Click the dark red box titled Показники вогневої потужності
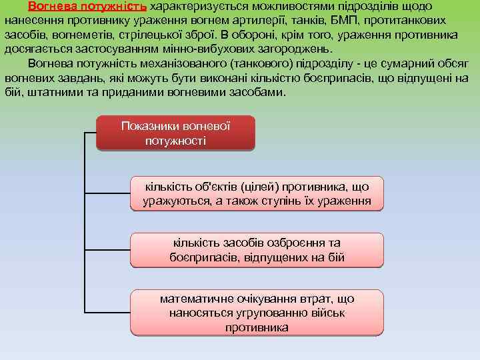point(175,133)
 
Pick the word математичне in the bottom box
point(199,299)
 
